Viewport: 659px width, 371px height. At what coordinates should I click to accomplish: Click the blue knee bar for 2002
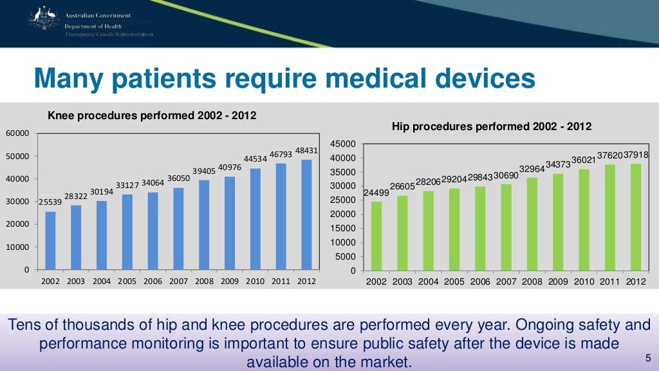[x=50, y=240]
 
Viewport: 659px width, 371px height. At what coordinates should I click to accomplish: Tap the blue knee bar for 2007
[x=178, y=228]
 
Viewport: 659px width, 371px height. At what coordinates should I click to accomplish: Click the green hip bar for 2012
[x=636, y=217]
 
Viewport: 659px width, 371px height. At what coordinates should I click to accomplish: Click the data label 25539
[x=50, y=202]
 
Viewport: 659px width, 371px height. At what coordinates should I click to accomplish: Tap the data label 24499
[x=376, y=193]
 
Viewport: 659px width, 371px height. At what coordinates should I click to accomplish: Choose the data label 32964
[x=532, y=169]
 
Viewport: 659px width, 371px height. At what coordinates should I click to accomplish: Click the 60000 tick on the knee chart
[x=18, y=133]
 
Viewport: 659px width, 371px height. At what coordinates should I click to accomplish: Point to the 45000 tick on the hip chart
[x=345, y=144]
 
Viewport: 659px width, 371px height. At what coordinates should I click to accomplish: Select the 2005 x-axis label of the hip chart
[x=454, y=282]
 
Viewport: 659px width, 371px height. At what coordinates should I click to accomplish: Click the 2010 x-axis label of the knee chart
[x=255, y=281]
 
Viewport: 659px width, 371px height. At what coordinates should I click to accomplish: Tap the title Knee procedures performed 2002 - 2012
[x=153, y=116]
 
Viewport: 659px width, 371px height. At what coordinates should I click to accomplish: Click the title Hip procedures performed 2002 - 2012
[x=492, y=126]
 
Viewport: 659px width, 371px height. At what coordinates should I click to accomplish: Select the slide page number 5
[x=647, y=358]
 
